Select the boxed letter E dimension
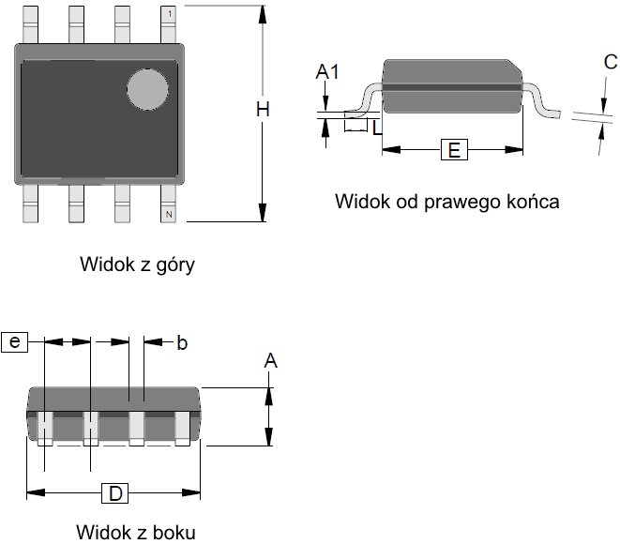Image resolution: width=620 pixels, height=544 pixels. tap(453, 150)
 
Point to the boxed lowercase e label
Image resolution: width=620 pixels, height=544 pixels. tap(15, 342)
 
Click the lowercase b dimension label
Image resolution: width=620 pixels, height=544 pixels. tap(182, 343)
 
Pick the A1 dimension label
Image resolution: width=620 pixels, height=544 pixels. tap(327, 71)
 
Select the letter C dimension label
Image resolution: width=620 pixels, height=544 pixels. tap(611, 63)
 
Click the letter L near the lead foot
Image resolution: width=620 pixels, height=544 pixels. tap(376, 127)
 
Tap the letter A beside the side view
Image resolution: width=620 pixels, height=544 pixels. tap(271, 361)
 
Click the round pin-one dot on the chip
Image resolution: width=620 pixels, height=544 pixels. tap(146, 89)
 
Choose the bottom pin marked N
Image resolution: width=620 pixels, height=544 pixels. tap(169, 204)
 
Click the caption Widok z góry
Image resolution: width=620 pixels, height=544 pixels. tap(137, 264)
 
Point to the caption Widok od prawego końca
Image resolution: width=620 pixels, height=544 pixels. tap(446, 202)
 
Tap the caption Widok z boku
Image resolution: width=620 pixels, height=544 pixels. tap(136, 532)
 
